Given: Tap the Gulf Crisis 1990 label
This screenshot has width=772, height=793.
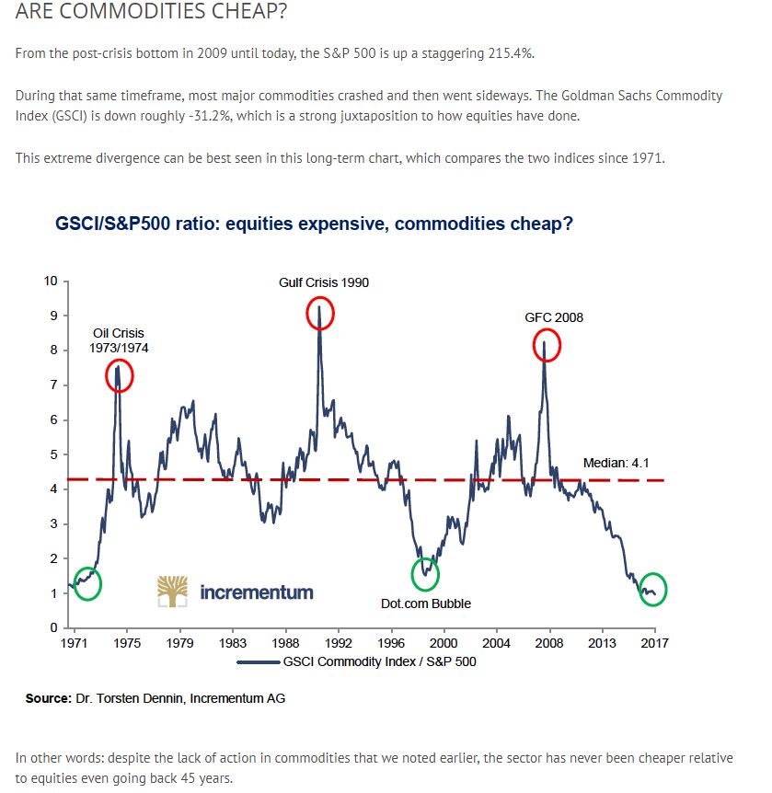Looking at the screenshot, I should tap(324, 282).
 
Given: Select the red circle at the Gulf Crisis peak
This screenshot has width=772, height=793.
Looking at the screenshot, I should tap(319, 314).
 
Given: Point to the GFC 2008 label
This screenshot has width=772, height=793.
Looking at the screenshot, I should tap(554, 317).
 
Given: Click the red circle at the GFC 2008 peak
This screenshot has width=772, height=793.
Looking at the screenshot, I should tap(547, 347).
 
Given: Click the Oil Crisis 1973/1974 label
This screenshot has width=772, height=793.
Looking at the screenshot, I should tap(119, 340).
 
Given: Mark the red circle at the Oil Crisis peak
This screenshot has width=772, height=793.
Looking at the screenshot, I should tap(119, 376).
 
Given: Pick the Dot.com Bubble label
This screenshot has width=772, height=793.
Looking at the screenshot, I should tap(425, 603).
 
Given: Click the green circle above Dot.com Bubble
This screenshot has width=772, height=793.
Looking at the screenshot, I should tap(425, 575).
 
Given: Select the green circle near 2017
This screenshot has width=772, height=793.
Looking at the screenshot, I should tap(651, 591).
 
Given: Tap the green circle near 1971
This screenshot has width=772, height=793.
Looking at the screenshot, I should tap(86, 583).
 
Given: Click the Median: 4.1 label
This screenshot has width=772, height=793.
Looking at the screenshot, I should tap(616, 463).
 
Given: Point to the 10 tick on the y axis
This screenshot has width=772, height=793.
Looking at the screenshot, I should tap(51, 281).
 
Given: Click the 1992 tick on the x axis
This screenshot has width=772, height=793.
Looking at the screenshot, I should tap(339, 642).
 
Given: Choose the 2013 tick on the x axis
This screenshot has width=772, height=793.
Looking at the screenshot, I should tap(603, 642).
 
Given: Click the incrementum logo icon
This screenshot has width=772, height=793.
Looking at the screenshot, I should tap(173, 592).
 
